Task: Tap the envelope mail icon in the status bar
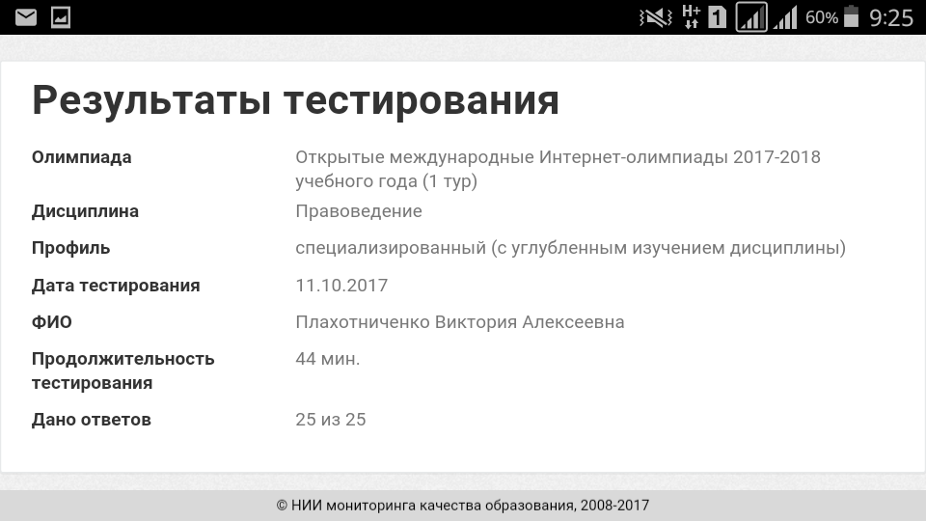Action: point(25,17)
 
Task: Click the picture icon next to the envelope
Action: point(61,17)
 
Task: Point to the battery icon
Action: point(851,16)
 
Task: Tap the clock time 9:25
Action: point(891,17)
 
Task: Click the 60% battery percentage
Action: point(822,17)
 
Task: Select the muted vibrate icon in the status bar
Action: point(656,17)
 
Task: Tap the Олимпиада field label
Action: point(81,157)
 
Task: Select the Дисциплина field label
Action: point(85,211)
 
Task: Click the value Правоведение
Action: point(359,211)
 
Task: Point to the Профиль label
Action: point(70,248)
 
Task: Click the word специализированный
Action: point(391,248)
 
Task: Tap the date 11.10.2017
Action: point(341,286)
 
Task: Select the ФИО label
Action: point(52,322)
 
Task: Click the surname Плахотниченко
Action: point(363,322)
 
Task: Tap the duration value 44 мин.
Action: point(328,359)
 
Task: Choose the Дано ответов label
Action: point(92,420)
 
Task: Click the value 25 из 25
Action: point(331,420)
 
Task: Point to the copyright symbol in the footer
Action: point(282,506)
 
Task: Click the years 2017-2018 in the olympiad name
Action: point(776,157)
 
